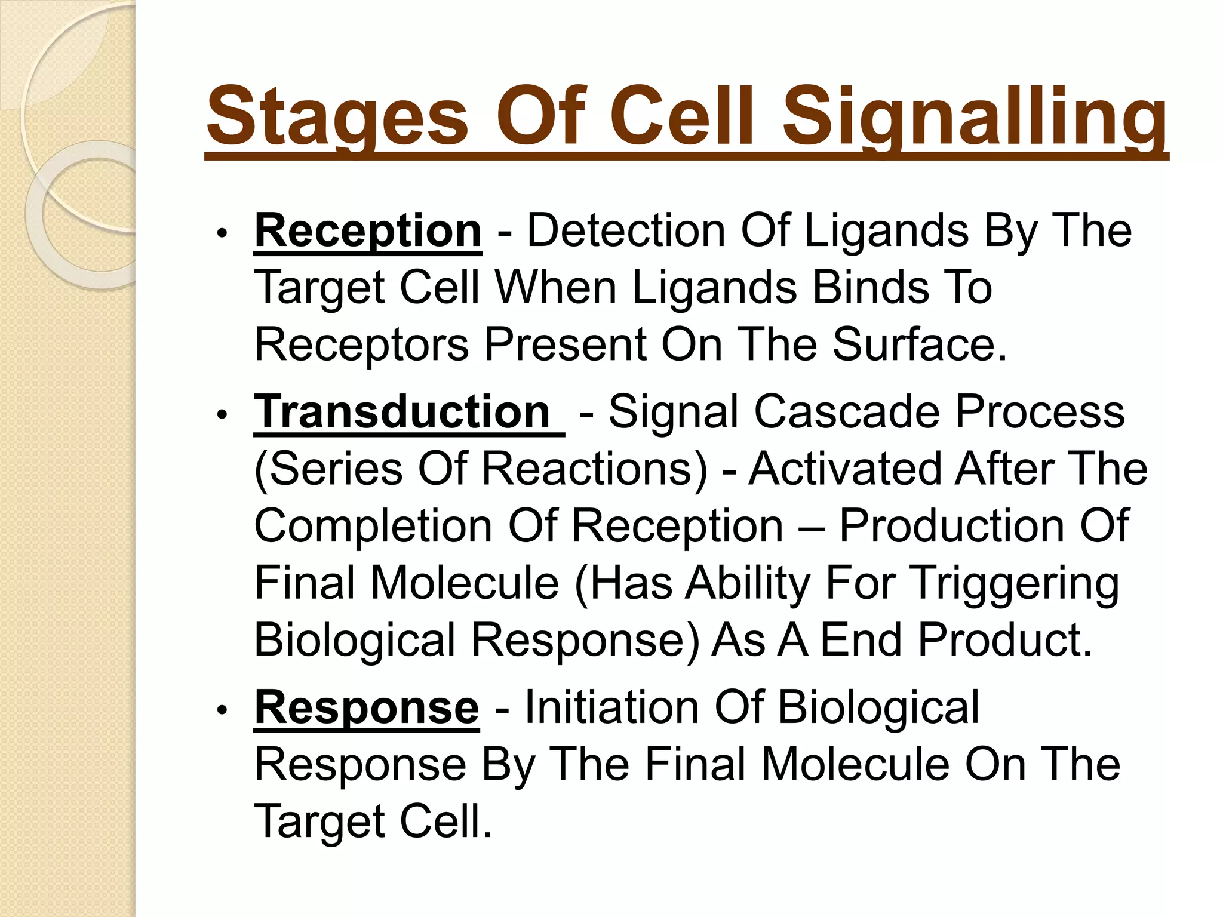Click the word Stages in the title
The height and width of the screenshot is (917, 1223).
pos(337,116)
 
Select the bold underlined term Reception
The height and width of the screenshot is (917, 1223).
pos(368,231)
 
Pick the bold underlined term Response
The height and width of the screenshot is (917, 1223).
pos(367,707)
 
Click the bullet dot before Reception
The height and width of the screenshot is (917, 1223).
pos(222,233)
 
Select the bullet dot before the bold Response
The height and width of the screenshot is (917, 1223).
pos(222,710)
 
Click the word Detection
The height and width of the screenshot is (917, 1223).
pos(626,231)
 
